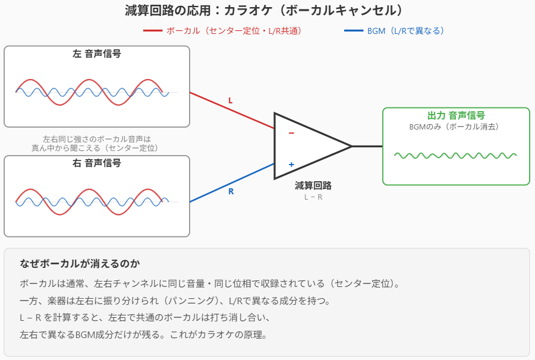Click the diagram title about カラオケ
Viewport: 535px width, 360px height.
[x=267, y=11]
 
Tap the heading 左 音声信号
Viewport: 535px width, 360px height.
[x=97, y=54]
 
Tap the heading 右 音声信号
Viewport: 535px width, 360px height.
[x=97, y=163]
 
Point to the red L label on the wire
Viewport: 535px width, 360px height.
[x=231, y=100]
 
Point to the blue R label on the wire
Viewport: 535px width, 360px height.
[x=231, y=191]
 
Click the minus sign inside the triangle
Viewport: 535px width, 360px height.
[x=291, y=133]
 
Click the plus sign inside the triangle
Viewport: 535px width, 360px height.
[x=291, y=165]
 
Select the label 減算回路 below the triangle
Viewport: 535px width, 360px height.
[x=313, y=185]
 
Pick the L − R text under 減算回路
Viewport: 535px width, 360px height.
[x=313, y=197]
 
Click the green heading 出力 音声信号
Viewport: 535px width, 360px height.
[x=456, y=115]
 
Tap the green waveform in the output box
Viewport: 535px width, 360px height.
[x=456, y=156]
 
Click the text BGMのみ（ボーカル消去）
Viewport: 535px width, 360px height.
[x=456, y=127]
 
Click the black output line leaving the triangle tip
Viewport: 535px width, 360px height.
[x=367, y=146]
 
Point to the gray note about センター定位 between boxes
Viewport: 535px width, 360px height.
[x=97, y=143]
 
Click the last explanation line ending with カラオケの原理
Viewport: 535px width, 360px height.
[x=143, y=334]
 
